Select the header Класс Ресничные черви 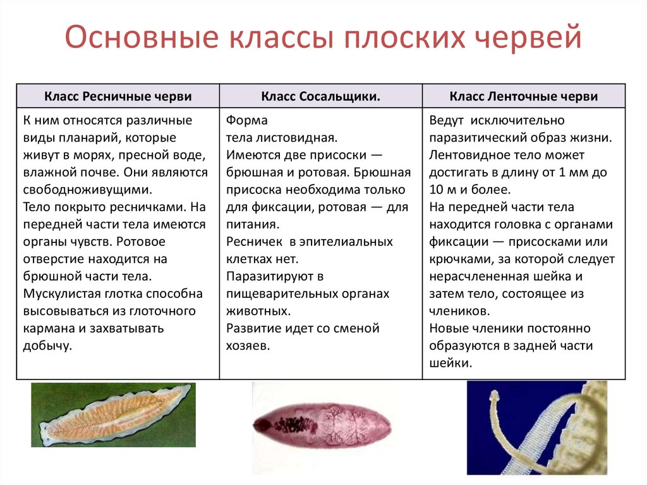[118, 96]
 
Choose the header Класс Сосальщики [320, 96]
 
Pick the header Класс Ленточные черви [524, 96]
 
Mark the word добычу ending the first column [47, 345]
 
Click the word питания [252, 224]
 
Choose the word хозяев [248, 345]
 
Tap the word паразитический [478, 138]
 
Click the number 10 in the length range [437, 190]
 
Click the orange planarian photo [114, 414]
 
